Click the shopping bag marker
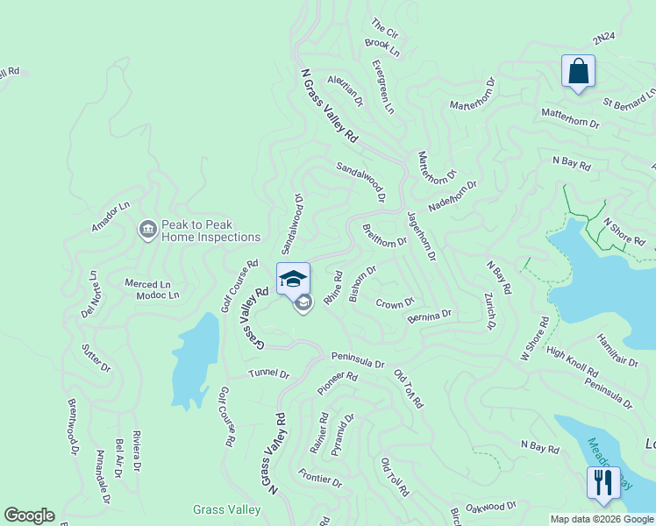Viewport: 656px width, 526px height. [579, 71]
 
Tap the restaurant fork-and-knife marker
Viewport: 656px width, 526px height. [603, 482]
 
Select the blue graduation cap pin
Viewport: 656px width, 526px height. [293, 279]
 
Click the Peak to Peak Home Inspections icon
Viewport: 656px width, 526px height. [147, 230]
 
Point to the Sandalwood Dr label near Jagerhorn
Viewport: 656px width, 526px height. [361, 180]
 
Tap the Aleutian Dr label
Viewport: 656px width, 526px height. [345, 89]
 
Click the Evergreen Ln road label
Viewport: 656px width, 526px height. [382, 87]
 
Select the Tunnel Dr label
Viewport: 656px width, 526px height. [268, 373]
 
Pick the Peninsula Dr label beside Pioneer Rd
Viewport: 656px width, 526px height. [358, 361]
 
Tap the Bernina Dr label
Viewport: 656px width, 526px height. [429, 315]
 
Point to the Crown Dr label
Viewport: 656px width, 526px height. [395, 303]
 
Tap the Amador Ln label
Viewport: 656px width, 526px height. [111, 217]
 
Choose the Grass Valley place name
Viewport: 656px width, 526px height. [226, 509]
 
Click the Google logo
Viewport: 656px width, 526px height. [29, 515]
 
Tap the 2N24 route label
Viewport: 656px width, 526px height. [605, 39]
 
